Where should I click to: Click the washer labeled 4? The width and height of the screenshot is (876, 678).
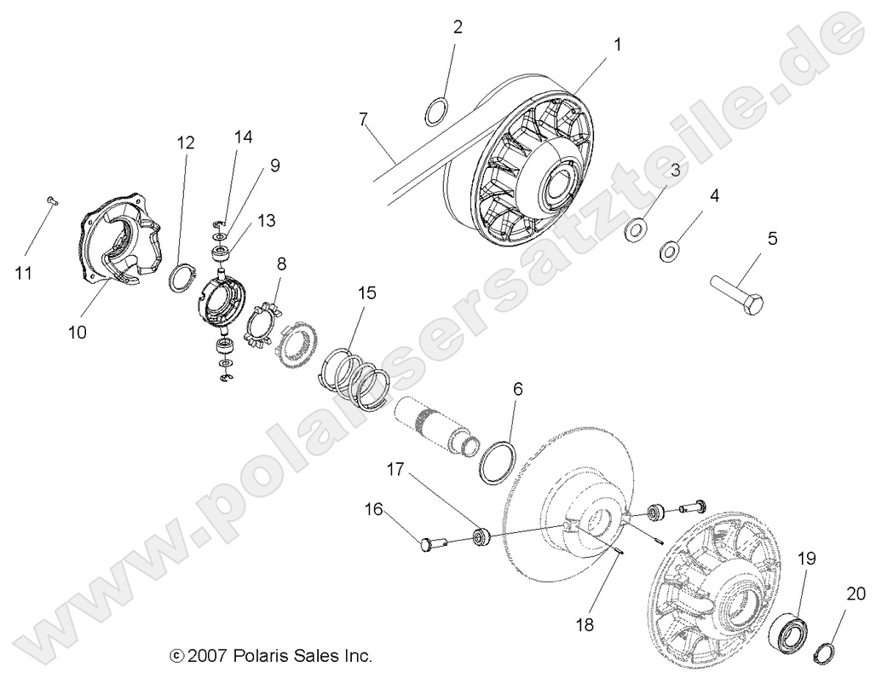point(669,251)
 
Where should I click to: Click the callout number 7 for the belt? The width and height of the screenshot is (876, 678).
point(364,119)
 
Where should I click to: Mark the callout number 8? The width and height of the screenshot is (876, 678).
point(280,264)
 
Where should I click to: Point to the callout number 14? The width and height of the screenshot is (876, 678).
point(245,136)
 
